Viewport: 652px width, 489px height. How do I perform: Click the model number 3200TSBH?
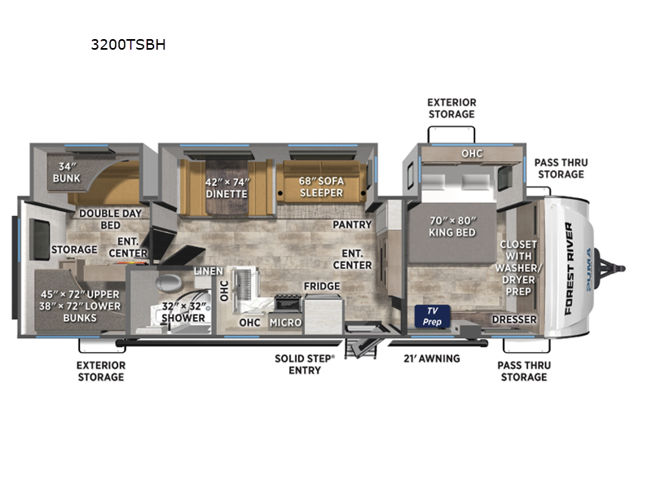[128, 45]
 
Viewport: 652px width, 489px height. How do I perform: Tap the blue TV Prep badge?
[432, 316]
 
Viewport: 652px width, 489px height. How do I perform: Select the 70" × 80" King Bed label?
[452, 227]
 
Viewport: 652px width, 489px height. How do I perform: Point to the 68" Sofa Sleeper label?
[321, 187]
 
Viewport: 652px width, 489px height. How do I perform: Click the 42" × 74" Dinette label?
[227, 188]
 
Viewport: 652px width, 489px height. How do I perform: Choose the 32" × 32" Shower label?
[183, 312]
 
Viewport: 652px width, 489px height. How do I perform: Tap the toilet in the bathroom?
[169, 283]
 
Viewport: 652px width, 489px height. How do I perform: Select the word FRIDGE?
[322, 286]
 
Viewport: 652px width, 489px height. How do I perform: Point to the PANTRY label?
[352, 225]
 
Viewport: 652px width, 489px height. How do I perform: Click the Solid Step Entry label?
[305, 364]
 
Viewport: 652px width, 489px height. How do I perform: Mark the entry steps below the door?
[360, 348]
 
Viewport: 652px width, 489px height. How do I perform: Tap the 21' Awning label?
[432, 359]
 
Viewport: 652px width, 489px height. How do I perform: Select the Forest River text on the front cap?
[569, 269]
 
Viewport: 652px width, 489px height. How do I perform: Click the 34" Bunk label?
[67, 173]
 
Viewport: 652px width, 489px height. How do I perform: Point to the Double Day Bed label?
[111, 219]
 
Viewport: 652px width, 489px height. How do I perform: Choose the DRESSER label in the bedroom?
[514, 319]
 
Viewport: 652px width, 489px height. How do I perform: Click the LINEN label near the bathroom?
[209, 271]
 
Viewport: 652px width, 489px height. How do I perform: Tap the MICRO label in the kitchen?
[285, 323]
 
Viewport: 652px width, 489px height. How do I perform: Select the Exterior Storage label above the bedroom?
[452, 108]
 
